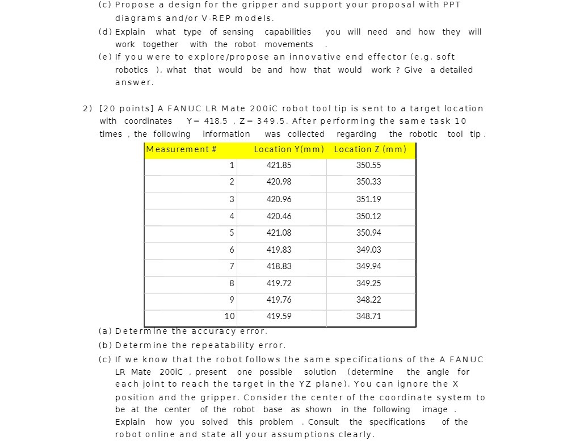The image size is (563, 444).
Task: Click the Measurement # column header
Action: point(181,149)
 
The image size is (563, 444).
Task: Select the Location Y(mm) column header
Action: point(289,149)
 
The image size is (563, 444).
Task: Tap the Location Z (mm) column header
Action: point(370,149)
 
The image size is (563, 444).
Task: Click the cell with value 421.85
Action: point(279,165)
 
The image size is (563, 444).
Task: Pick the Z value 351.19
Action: point(368,199)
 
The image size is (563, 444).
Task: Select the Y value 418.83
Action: point(279,266)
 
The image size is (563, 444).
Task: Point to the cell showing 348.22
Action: point(368,300)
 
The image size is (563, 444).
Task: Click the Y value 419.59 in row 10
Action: point(279,316)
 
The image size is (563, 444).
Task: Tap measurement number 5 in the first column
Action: point(231,233)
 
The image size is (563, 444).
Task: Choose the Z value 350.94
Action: point(368,233)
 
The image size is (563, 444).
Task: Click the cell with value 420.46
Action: point(279,216)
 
